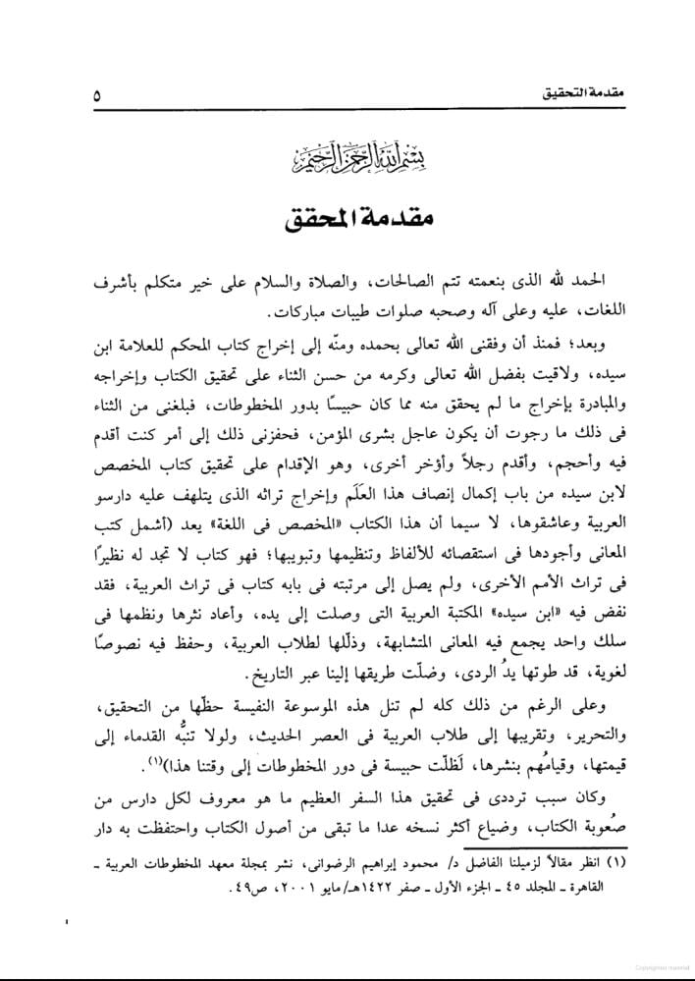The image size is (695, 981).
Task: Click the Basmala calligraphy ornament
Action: pyautogui.click(x=347, y=154)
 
